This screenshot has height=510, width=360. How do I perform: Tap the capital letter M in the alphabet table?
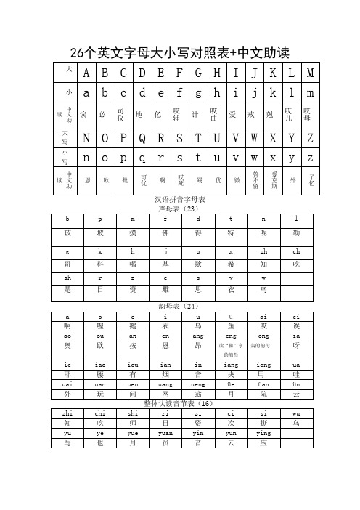[311, 73]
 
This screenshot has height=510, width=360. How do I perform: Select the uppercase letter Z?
[311, 139]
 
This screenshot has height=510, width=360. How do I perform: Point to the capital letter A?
[87, 73]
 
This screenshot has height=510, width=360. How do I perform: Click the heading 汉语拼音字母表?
[181, 199]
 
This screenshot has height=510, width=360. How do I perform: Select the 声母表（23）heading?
[181, 208]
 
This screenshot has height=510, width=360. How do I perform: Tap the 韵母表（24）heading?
[181, 306]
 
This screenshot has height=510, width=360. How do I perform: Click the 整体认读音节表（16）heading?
[181, 402]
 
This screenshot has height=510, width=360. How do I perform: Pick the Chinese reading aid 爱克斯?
[274, 179]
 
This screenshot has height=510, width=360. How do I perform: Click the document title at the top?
[179, 52]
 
